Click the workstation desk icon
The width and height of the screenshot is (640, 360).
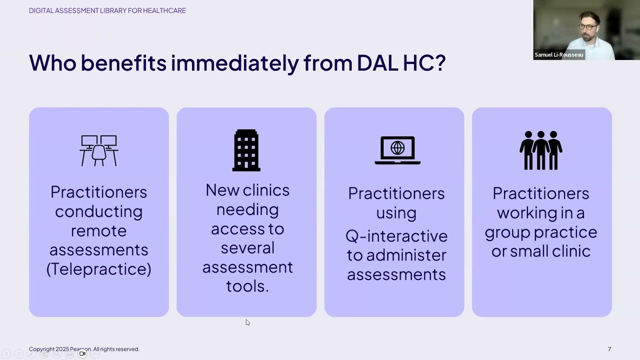click(x=99, y=150)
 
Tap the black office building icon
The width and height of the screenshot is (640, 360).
click(x=246, y=150)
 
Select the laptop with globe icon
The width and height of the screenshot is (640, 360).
click(x=397, y=150)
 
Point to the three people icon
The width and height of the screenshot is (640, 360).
click(x=541, y=150)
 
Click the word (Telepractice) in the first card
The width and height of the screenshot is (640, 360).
click(x=98, y=269)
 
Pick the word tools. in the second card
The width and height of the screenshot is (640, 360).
click(x=247, y=286)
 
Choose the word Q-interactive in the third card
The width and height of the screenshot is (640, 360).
click(x=396, y=235)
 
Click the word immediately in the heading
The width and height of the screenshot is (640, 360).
click(x=234, y=63)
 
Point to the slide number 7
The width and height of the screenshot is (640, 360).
click(x=609, y=349)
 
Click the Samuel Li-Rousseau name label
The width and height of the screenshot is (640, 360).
click(x=559, y=54)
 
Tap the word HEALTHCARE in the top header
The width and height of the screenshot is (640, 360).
click(x=164, y=10)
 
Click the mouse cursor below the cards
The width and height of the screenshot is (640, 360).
click(x=247, y=322)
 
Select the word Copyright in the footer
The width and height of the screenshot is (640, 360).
click(x=41, y=349)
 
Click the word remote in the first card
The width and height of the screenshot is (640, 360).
click(x=98, y=230)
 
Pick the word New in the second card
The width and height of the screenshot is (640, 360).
click(x=220, y=190)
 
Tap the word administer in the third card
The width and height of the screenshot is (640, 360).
click(x=406, y=255)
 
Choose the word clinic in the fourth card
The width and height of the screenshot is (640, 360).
click(x=569, y=251)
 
